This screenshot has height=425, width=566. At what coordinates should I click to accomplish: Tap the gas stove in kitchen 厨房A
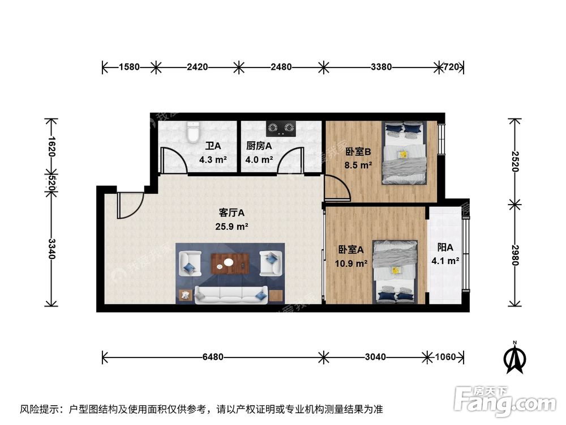(x=281, y=129)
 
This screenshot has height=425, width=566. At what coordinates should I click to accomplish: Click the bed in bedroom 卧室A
(x=395, y=272)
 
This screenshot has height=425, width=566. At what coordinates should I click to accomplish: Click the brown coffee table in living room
(x=230, y=263)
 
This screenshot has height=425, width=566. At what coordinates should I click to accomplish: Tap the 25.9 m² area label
(x=231, y=226)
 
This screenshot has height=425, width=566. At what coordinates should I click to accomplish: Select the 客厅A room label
(x=231, y=213)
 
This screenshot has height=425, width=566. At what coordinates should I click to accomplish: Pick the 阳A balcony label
(x=445, y=248)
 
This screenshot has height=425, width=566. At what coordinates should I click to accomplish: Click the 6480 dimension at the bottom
(x=213, y=357)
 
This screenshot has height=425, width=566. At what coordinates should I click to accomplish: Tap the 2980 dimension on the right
(x=514, y=255)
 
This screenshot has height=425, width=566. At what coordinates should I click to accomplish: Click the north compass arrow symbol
(x=514, y=358)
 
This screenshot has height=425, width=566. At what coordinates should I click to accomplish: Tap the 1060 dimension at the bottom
(x=446, y=357)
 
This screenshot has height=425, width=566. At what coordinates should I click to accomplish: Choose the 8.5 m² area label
(x=358, y=165)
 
